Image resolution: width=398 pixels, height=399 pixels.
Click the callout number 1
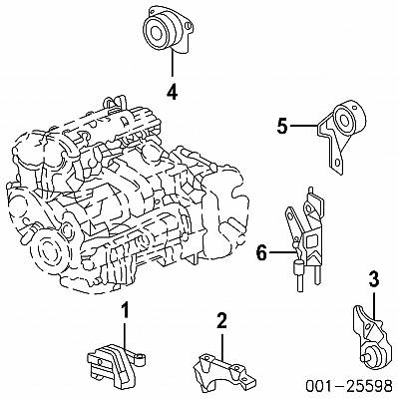(125, 310)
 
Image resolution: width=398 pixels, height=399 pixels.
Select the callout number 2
(221, 320)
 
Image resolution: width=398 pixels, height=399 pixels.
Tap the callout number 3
(374, 279)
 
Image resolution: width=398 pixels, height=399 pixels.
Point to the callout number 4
(173, 92)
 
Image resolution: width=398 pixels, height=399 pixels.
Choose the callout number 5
(282, 126)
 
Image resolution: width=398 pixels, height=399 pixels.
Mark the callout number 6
(261, 253)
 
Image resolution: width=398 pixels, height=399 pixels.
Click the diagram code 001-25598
(349, 386)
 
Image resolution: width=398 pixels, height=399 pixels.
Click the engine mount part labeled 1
(115, 366)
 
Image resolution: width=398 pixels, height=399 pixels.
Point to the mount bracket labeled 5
(340, 135)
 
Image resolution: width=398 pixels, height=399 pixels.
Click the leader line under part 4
(173, 64)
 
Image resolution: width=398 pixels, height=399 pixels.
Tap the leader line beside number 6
(282, 252)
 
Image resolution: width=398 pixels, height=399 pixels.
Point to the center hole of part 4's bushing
(155, 33)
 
